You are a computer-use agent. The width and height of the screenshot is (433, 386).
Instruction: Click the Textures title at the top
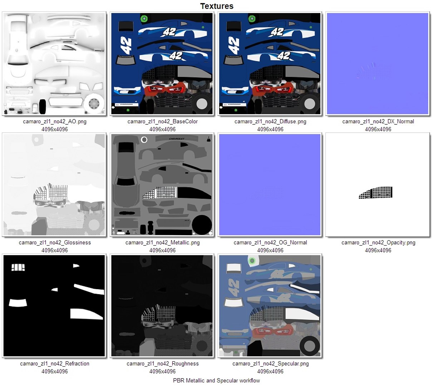[217, 6]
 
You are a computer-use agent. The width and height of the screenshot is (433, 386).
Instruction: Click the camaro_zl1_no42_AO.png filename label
[55, 122]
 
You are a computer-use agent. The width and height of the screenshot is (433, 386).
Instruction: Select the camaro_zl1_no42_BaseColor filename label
[162, 122]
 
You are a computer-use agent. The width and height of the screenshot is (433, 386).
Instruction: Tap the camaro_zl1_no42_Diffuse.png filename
[270, 122]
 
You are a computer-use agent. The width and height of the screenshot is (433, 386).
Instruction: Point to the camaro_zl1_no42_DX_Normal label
[378, 122]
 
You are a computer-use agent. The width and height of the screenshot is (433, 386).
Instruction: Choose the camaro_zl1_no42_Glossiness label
[55, 243]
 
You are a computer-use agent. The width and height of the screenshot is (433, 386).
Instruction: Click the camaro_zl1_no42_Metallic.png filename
[162, 243]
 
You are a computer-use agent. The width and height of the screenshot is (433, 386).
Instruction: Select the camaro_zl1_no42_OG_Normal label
[270, 243]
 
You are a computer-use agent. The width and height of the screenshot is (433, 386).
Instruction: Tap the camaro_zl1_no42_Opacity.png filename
[378, 243]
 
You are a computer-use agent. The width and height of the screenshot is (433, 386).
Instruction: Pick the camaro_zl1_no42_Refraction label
[55, 364]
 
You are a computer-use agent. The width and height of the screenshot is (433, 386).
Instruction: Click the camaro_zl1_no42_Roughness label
[162, 364]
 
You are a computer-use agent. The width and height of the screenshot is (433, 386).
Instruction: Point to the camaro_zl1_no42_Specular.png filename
[270, 364]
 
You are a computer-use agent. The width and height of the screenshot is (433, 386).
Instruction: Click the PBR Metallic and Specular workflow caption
[216, 381]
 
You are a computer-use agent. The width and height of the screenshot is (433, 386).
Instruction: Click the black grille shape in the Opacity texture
[376, 193]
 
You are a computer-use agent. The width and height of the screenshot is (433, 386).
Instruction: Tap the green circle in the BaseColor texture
[144, 19]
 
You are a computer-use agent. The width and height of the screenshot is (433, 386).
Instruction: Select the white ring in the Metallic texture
[144, 140]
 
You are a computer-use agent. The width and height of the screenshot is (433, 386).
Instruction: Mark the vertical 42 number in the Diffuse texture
[233, 46]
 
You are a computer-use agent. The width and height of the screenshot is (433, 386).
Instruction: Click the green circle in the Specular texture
[252, 261]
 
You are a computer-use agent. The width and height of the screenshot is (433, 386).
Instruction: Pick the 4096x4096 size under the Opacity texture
[378, 251]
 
